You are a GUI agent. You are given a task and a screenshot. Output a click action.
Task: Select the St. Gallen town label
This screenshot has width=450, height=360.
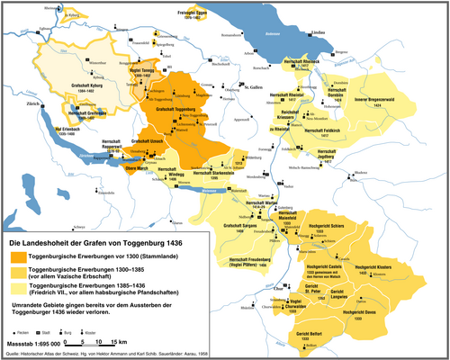click(237, 88)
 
